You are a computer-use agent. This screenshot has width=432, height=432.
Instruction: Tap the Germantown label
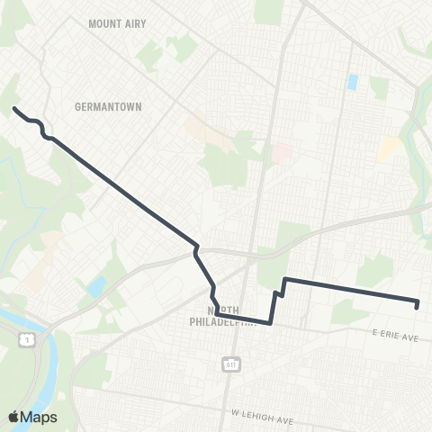[x=103, y=105]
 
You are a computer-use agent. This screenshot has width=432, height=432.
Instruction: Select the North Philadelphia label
[x=221, y=318]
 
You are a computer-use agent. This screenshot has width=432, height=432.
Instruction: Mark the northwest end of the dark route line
[x=13, y=109]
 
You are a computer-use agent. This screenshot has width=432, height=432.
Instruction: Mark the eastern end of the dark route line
[x=418, y=305]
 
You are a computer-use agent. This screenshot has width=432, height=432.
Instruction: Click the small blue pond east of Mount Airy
[x=352, y=83]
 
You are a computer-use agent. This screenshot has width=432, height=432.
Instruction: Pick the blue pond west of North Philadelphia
[x=96, y=288]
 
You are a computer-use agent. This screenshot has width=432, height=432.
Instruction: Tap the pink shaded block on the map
[x=282, y=151]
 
